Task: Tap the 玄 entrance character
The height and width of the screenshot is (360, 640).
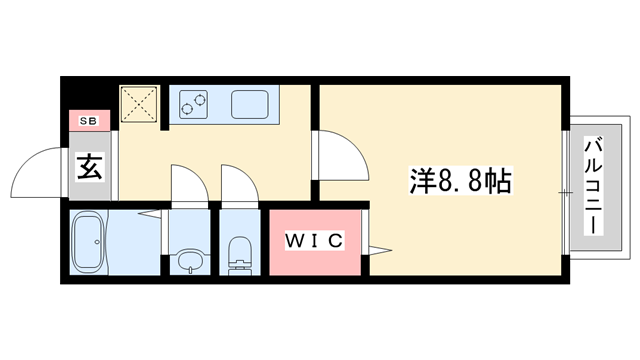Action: coord(90,167)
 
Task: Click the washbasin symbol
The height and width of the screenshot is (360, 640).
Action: coord(188,262)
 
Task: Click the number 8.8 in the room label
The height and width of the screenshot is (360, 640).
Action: coord(463,181)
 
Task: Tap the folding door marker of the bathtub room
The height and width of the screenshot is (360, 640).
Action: coord(149,213)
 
